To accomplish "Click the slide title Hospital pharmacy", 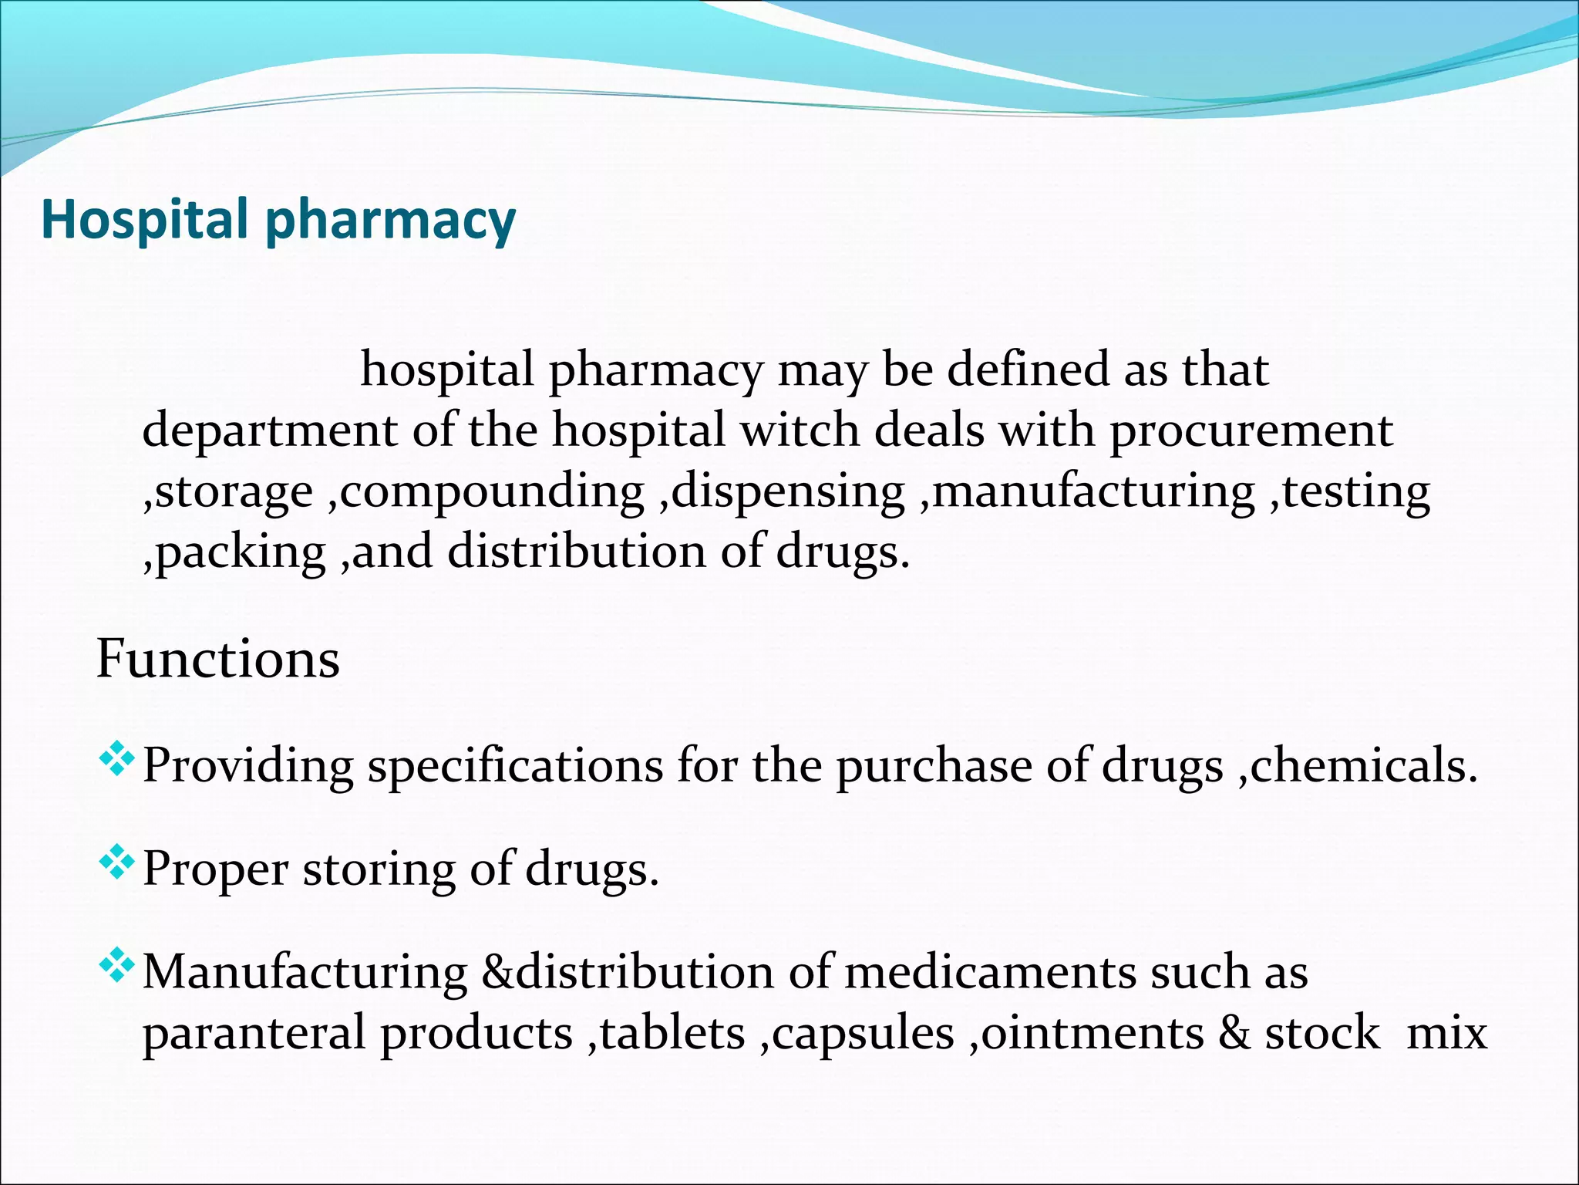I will [278, 221].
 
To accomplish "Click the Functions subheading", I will [217, 660].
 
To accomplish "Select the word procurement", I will [1251, 431].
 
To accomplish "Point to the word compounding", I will [492, 492].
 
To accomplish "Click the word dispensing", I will [789, 492].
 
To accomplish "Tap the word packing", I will [241, 553].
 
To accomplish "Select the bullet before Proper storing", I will [116, 863].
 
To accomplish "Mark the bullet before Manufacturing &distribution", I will [116, 966].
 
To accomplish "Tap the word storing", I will [379, 870].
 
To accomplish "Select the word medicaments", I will [990, 972].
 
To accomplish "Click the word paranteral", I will [254, 1034].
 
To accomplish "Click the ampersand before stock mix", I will [1234, 1033].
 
